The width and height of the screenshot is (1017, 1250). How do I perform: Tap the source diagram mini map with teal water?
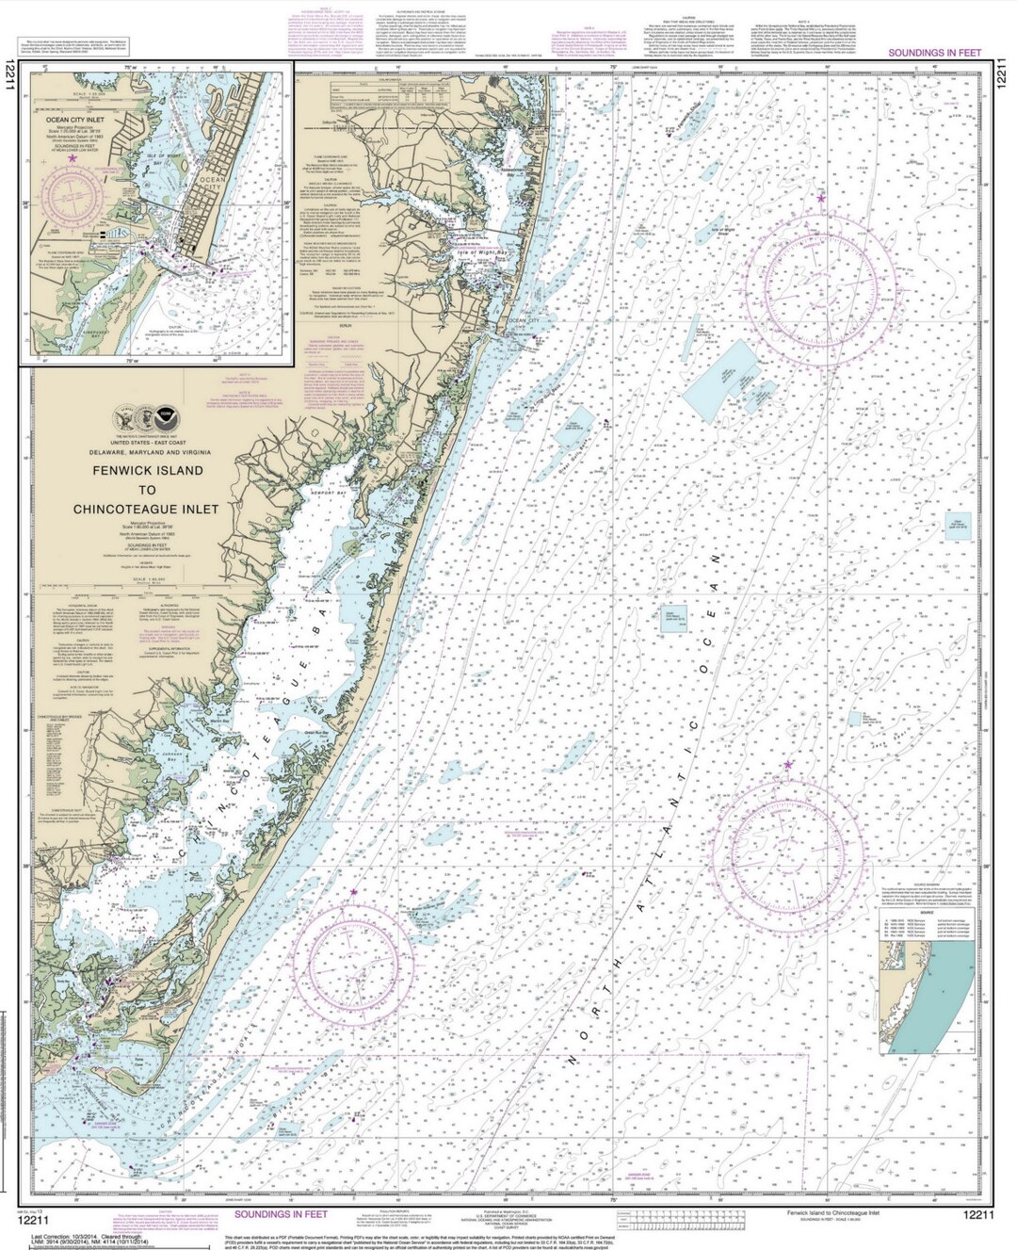[x=927, y=998]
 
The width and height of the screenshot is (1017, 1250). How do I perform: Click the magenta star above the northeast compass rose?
[x=821, y=199]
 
